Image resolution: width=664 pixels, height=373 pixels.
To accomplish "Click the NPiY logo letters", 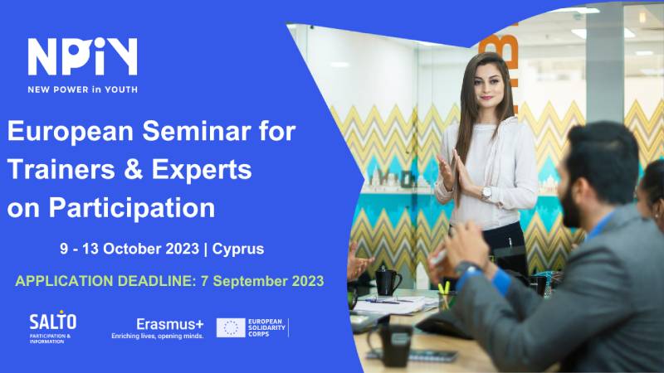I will click(82, 58).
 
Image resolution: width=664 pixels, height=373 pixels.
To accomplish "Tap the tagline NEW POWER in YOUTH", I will click(82, 90).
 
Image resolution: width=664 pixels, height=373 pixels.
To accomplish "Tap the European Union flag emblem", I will click(231, 327).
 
